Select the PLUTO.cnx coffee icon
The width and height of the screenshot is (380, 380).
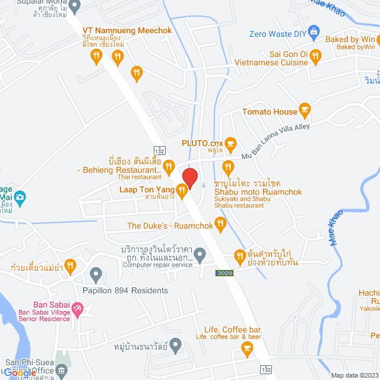(231, 142)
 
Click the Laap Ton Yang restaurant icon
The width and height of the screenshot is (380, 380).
(182, 190)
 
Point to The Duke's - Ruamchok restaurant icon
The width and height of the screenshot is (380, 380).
(220, 224)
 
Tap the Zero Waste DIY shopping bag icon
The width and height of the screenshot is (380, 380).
(315, 31)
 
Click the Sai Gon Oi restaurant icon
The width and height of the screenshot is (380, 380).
(315, 57)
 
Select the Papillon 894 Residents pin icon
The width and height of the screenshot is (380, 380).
(96, 275)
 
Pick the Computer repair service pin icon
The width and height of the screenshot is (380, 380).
(200, 256)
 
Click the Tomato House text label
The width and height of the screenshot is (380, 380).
(269, 112)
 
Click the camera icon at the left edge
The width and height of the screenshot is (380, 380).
(20, 197)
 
